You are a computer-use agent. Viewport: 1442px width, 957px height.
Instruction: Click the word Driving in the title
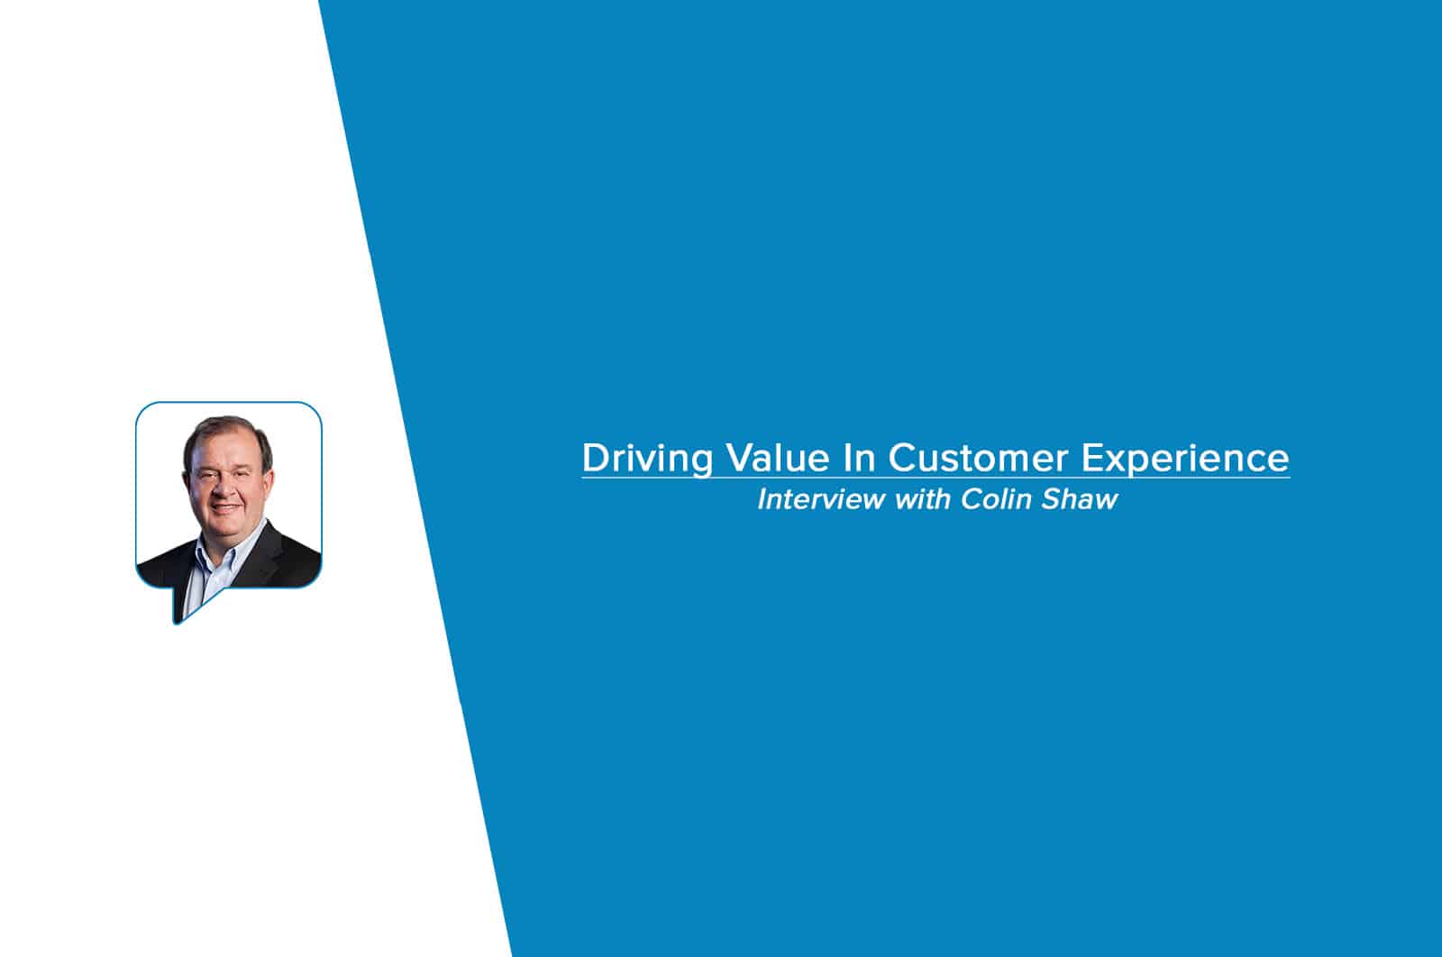(x=648, y=460)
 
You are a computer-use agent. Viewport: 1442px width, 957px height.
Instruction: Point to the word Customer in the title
(x=978, y=458)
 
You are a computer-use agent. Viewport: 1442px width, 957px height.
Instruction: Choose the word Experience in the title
(x=1185, y=460)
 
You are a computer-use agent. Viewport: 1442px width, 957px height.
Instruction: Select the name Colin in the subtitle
(x=996, y=499)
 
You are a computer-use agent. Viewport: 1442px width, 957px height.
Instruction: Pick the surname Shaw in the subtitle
(x=1080, y=499)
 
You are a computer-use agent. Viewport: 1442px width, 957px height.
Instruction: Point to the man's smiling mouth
(x=225, y=507)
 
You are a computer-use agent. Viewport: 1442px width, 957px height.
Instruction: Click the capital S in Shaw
(x=1051, y=499)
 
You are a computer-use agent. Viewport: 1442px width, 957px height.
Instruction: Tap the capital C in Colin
(x=972, y=499)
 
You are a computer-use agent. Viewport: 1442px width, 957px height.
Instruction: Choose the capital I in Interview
(x=763, y=499)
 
